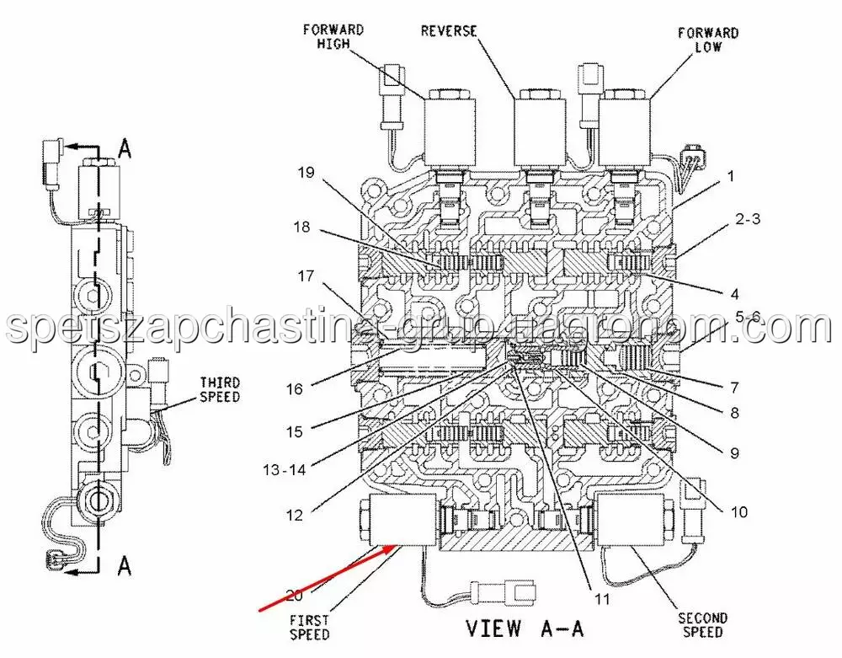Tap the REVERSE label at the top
[449, 31]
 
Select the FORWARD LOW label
[708, 40]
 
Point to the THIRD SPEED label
[219, 389]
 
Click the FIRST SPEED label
[309, 627]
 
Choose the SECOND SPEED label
[702, 626]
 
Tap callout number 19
[305, 174]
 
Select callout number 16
[293, 388]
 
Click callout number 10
[738, 511]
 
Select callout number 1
[732, 177]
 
